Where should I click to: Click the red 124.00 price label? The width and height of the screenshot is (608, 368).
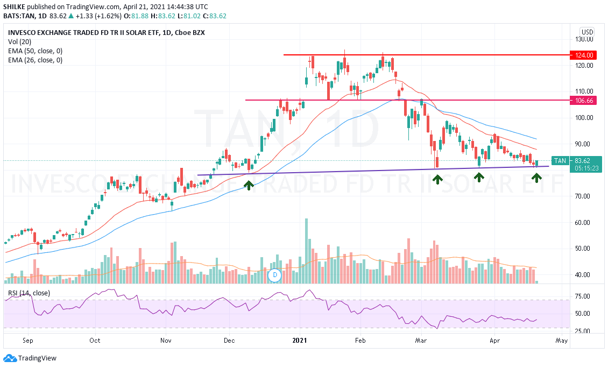[584, 55]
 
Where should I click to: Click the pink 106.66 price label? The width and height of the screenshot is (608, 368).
[584, 101]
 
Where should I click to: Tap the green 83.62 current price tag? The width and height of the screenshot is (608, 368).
[582, 160]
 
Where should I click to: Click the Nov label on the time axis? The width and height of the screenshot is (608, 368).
[166, 341]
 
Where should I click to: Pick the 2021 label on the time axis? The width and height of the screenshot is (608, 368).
[300, 341]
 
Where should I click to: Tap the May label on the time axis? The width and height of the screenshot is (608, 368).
[561, 341]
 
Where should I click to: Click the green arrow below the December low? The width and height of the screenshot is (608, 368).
[249, 185]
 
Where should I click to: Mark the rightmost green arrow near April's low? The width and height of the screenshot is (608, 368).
[536, 176]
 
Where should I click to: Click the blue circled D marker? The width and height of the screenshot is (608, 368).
[275, 275]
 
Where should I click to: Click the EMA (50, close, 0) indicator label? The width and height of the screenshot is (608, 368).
[35, 51]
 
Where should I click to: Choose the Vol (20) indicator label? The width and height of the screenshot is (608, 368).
[20, 42]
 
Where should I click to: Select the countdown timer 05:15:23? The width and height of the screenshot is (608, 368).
[582, 168]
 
